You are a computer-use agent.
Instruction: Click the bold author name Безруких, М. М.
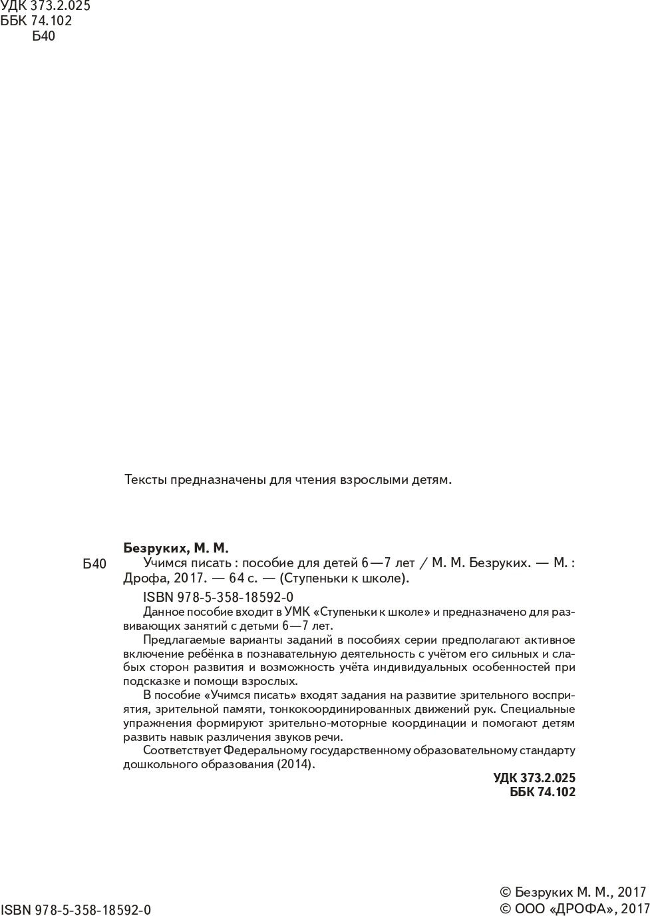176,549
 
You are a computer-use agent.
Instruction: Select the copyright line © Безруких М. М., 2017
573,892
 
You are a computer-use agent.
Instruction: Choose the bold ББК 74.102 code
542,792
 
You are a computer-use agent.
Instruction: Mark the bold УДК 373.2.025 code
534,778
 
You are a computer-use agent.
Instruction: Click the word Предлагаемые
180,640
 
